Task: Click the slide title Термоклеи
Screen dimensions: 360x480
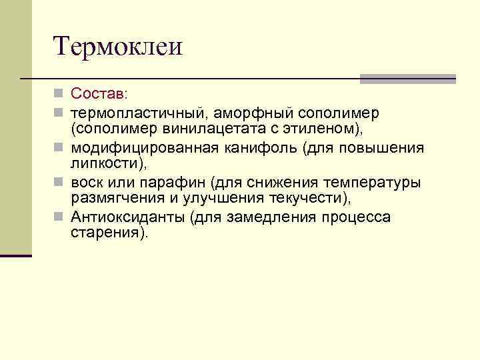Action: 117,47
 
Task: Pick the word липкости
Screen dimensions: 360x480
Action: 105,163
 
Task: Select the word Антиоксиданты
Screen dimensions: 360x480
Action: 127,217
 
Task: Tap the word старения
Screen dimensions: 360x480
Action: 103,233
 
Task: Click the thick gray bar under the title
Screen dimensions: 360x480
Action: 407,78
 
